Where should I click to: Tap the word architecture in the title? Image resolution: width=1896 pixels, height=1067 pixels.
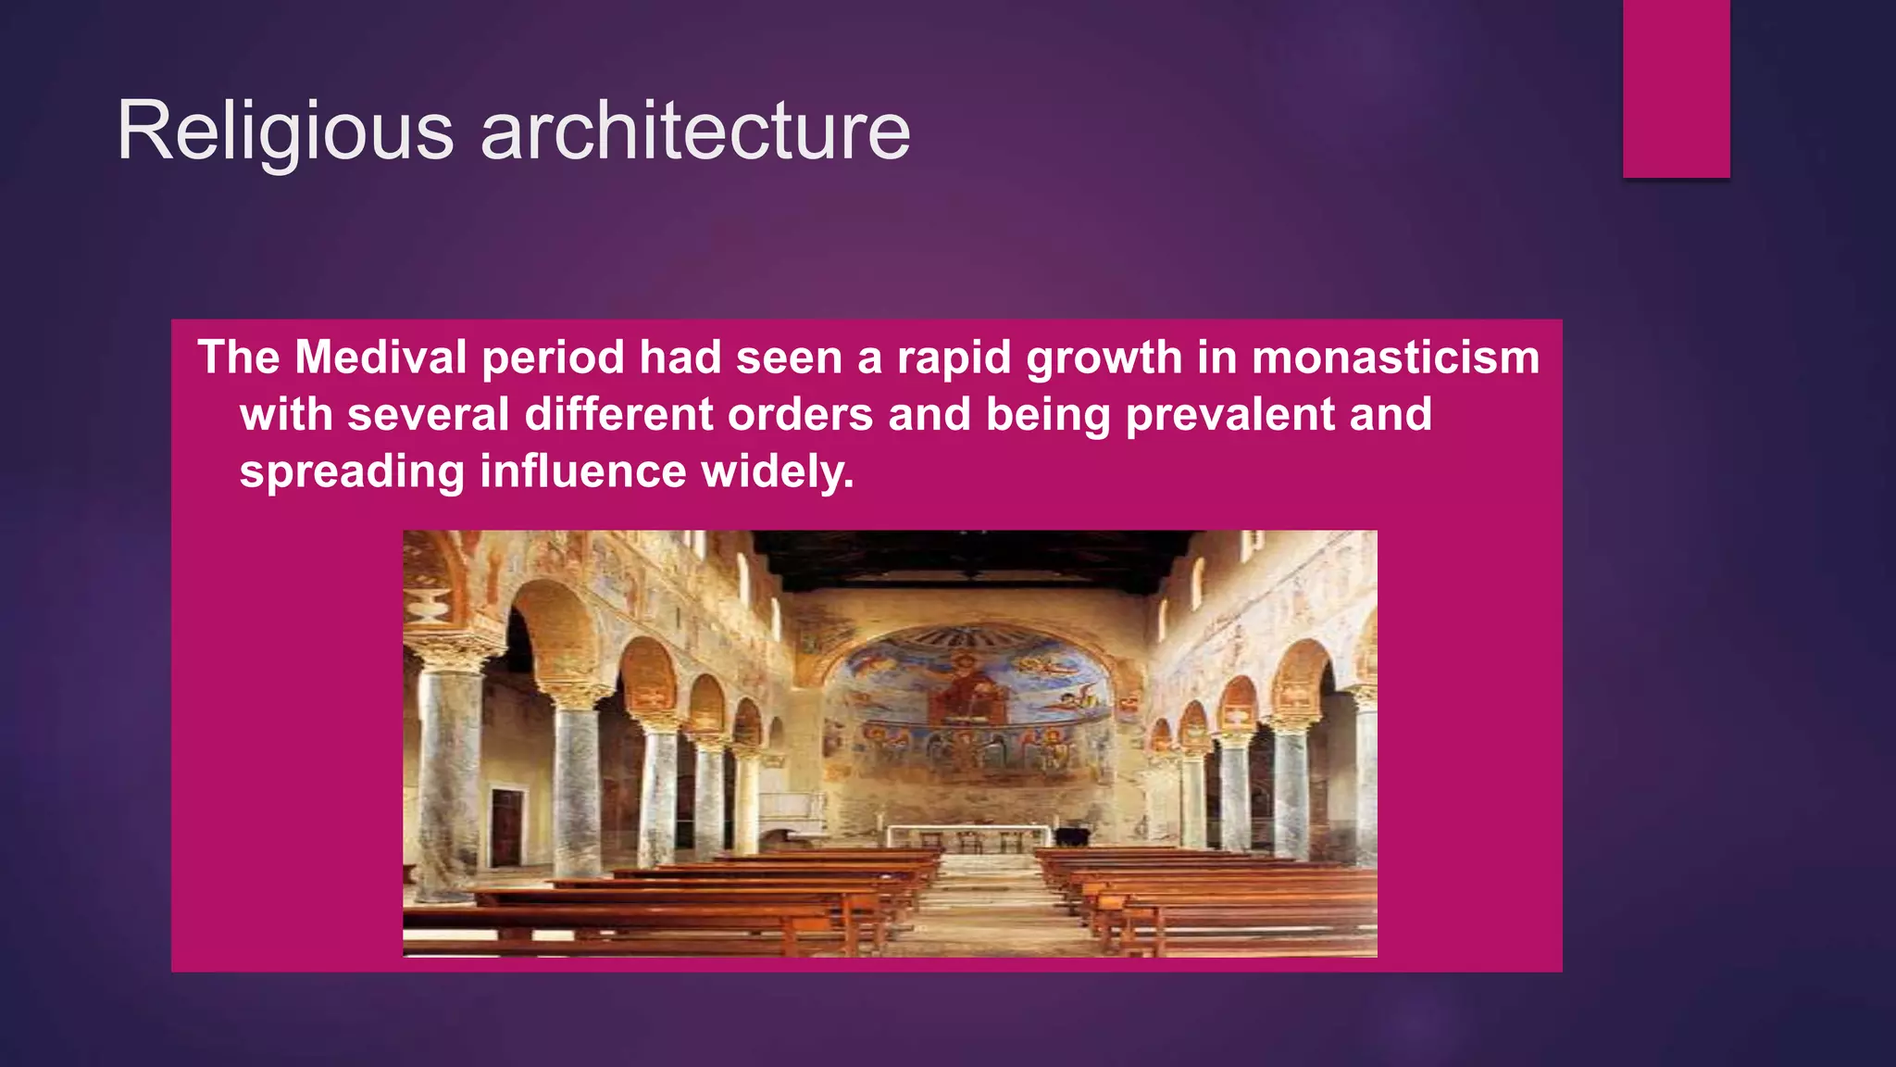(x=695, y=132)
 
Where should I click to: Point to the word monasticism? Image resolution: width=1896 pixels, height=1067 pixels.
(x=1395, y=358)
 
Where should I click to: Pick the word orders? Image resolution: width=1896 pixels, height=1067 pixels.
(x=800, y=414)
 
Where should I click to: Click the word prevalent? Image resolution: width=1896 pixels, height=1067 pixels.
(x=1229, y=414)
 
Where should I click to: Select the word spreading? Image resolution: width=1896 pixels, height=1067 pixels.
(x=352, y=471)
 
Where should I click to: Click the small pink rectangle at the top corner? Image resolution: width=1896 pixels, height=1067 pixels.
(x=1676, y=88)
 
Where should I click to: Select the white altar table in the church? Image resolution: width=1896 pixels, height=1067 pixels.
(x=967, y=830)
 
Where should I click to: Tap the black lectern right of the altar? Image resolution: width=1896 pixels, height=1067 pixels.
(x=1072, y=836)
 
